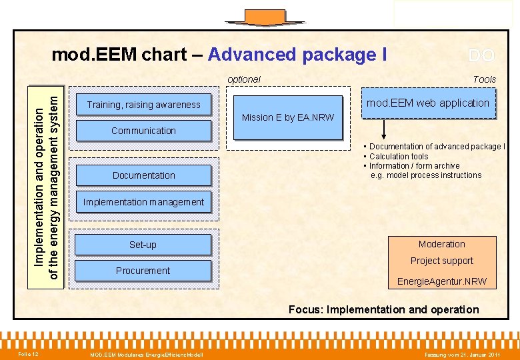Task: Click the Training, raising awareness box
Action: tap(143, 105)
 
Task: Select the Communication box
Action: tap(143, 131)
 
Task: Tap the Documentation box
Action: tap(143, 175)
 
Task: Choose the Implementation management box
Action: tap(143, 202)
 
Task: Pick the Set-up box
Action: tap(143, 245)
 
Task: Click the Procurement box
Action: tap(143, 271)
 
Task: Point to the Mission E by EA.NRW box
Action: tap(287, 117)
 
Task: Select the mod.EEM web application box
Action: tap(428, 103)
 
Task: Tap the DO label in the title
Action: tap(481, 55)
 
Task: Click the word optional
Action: tap(243, 79)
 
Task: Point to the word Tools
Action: tap(484, 79)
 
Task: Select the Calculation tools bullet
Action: tap(398, 156)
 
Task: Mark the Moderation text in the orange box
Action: tap(441, 244)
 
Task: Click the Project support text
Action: tap(441, 261)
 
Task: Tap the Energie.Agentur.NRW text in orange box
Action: tap(441, 281)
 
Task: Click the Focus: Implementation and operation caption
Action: tap(383, 309)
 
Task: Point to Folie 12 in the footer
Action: tap(28, 353)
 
